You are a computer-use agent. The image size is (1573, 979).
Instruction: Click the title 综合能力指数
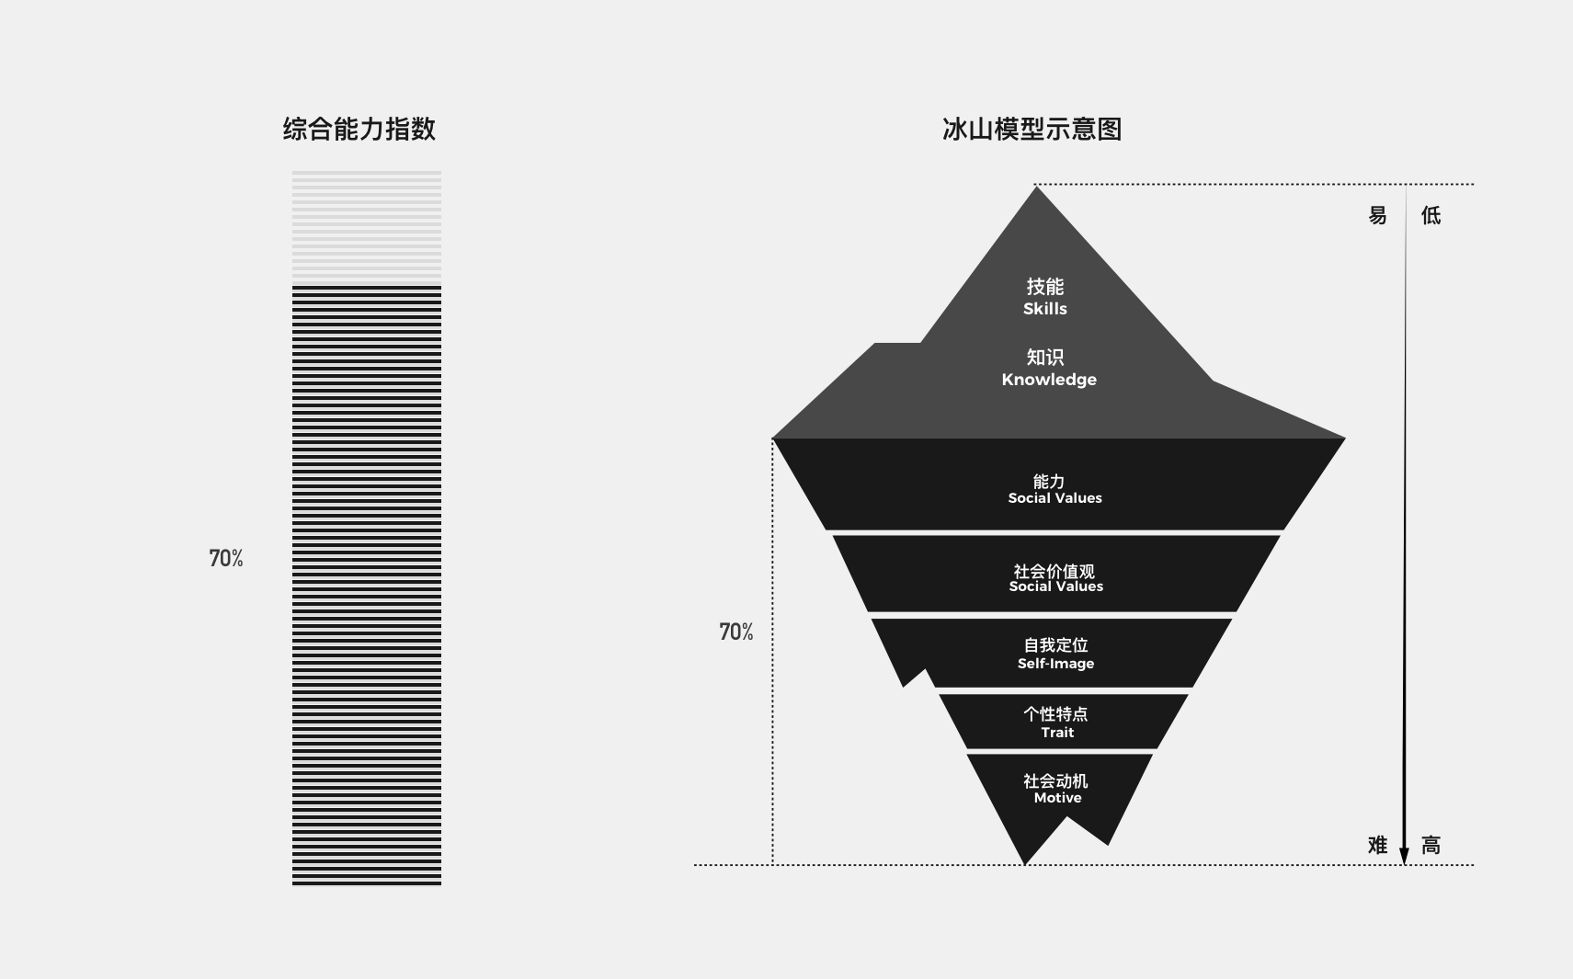(x=359, y=129)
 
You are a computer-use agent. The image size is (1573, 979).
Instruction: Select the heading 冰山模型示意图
(x=1032, y=129)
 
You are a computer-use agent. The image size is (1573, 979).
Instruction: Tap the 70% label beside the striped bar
(x=226, y=558)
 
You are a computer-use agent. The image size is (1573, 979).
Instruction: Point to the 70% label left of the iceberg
(x=735, y=632)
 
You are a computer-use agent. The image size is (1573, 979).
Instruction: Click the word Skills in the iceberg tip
(x=1045, y=309)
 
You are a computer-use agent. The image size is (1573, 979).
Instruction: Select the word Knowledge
(x=1049, y=380)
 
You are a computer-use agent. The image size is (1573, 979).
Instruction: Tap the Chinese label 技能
(x=1045, y=287)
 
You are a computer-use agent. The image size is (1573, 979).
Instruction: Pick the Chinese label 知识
(x=1045, y=357)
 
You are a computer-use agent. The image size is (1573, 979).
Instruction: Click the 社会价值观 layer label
(x=1054, y=571)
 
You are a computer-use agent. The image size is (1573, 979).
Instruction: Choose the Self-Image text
(x=1055, y=664)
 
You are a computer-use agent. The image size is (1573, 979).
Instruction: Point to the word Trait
(x=1057, y=733)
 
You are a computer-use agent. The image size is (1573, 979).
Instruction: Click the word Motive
(x=1057, y=798)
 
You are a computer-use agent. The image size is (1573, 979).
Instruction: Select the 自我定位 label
(x=1055, y=645)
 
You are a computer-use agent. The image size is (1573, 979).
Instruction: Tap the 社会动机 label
(x=1055, y=780)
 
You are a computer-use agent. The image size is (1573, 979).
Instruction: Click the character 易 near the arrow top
(x=1377, y=216)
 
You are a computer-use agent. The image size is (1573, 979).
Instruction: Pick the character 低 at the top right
(x=1431, y=216)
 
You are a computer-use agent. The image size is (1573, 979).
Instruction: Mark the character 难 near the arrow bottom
(x=1377, y=846)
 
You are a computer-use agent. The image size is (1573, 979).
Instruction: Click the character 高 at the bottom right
(x=1431, y=846)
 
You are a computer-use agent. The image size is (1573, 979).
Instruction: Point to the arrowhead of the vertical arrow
(x=1404, y=856)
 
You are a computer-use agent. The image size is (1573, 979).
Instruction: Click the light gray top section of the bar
(x=367, y=225)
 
